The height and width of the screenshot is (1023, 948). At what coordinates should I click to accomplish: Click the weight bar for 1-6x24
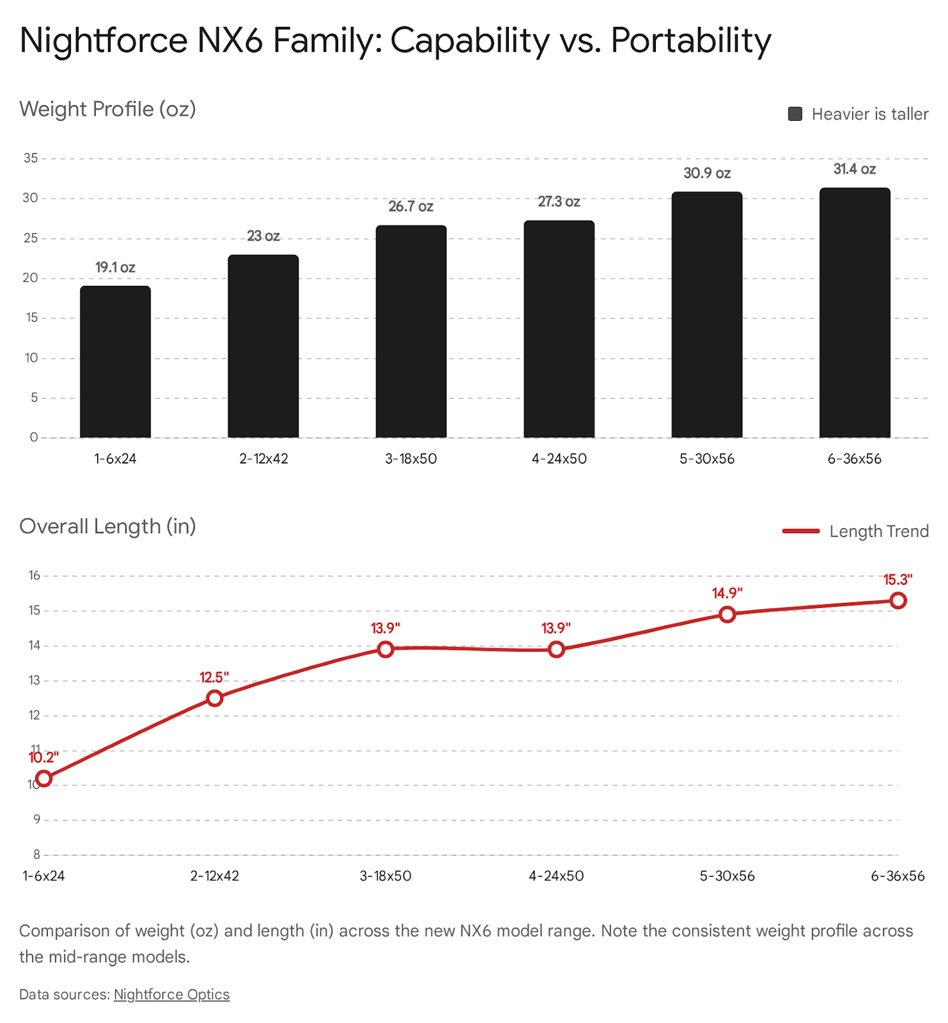[115, 362]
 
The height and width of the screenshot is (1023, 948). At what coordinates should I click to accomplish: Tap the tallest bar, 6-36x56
[855, 313]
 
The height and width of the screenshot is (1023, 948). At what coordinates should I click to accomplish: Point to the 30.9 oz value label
[707, 173]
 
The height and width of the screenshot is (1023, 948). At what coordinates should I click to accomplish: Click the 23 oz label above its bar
[263, 236]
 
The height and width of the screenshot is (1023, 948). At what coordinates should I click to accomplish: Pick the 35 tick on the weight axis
[31, 158]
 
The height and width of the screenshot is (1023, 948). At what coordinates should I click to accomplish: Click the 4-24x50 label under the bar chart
[559, 459]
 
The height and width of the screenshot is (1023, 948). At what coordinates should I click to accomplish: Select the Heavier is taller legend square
[795, 114]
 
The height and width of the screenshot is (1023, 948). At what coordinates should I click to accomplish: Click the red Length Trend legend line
[801, 531]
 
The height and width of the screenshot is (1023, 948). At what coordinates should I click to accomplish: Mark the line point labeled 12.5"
[215, 698]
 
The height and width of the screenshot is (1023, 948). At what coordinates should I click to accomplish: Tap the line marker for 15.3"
[898, 600]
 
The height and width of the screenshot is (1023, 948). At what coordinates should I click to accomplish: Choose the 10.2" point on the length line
[43, 778]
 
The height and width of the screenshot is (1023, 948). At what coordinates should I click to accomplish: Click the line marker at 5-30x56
[727, 614]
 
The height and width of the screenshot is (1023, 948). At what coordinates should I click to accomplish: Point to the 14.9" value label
[727, 593]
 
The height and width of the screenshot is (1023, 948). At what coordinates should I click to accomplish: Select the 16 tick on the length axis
[34, 575]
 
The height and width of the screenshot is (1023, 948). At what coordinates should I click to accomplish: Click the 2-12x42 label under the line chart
[215, 876]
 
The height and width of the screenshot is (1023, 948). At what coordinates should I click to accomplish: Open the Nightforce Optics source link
[171, 994]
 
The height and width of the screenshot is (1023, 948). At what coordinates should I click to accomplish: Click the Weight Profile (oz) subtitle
[107, 109]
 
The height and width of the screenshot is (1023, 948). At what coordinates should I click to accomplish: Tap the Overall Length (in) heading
[107, 526]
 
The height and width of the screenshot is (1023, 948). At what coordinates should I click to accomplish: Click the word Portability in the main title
[691, 40]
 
